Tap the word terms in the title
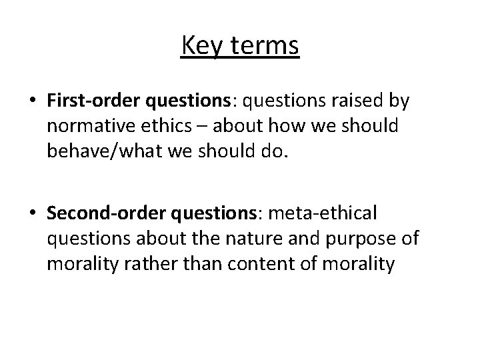tap(265, 47)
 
